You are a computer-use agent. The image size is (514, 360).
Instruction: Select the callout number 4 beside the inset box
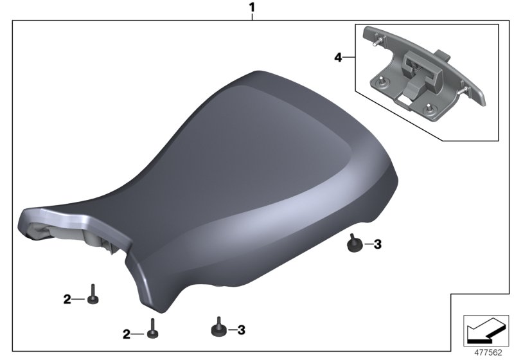(x=338, y=58)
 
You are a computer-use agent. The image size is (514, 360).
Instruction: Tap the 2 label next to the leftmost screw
(x=67, y=299)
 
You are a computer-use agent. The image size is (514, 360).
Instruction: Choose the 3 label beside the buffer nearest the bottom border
(x=241, y=330)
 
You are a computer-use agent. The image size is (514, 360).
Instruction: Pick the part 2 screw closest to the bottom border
(x=153, y=329)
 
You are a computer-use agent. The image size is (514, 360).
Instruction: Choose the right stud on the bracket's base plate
(x=429, y=109)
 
